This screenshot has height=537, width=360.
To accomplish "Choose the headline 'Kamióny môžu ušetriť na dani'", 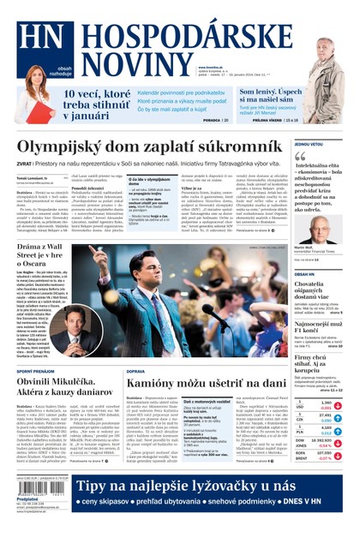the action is [206, 383].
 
